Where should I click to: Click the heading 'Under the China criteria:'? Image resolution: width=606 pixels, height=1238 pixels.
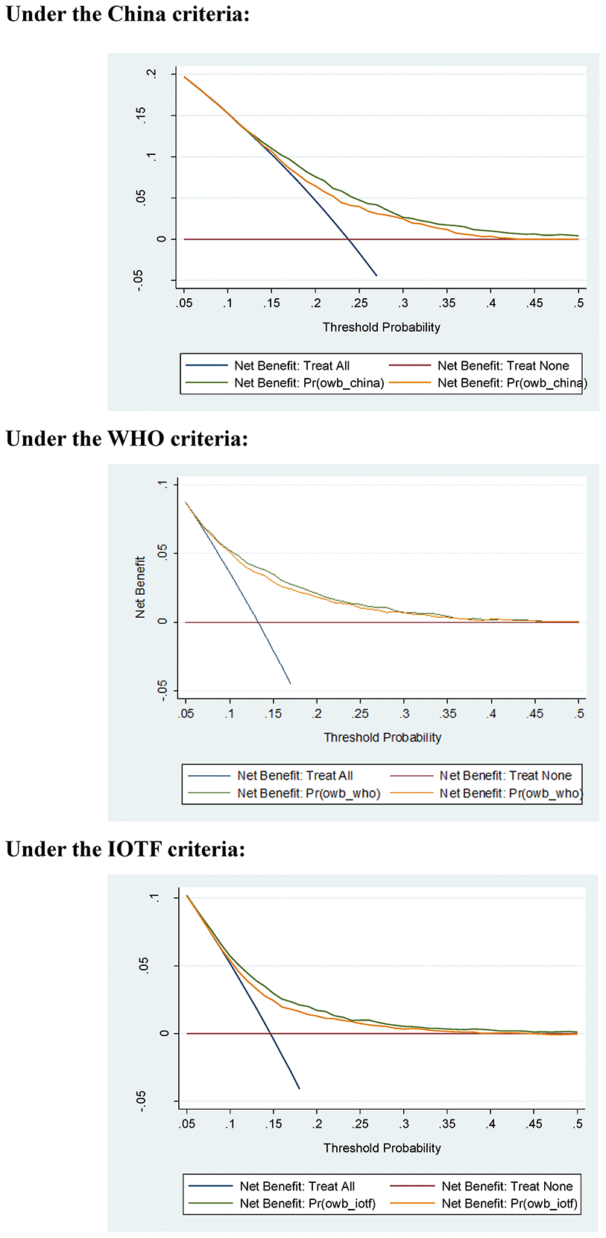(127, 14)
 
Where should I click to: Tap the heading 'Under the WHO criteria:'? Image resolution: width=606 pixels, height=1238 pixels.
(127, 438)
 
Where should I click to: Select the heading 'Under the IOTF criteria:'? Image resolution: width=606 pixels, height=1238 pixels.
(125, 849)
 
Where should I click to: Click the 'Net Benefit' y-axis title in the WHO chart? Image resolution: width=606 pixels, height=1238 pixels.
(140, 587)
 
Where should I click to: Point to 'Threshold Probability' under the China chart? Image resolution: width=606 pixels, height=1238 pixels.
(381, 327)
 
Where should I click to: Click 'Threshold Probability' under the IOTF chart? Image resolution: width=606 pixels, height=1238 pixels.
(382, 1148)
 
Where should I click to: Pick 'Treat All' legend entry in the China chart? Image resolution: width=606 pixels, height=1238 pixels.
(291, 365)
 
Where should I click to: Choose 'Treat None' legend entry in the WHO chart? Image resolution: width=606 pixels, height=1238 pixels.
(505, 775)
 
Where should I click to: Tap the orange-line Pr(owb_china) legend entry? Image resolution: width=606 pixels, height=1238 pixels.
(511, 383)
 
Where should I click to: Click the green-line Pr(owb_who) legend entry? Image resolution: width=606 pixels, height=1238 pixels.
(308, 793)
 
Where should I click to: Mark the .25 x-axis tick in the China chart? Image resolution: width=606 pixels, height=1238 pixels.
(359, 303)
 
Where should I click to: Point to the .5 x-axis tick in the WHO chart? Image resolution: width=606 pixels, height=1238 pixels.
(579, 714)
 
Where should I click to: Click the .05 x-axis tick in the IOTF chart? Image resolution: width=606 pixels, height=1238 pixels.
(187, 1124)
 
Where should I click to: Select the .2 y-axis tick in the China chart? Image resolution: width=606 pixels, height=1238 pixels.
(152, 74)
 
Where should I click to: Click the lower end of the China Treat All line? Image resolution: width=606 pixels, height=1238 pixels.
(376, 276)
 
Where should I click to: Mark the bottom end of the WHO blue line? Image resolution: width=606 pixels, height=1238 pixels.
(290, 683)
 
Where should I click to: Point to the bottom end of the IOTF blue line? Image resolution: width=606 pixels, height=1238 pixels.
(299, 1088)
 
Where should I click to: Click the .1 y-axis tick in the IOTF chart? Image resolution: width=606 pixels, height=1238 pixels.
(155, 897)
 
